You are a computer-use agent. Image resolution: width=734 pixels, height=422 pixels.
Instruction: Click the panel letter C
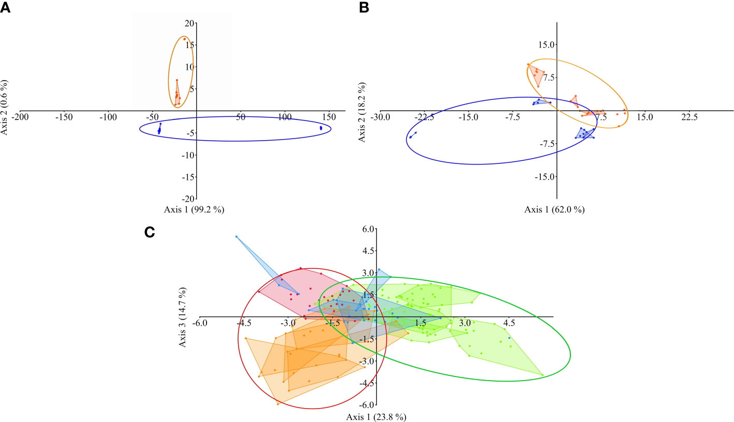coord(150,233)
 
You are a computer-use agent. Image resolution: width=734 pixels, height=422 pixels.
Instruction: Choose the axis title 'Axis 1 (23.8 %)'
coord(376,417)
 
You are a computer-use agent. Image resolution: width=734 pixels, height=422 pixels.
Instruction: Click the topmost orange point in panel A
coord(184,39)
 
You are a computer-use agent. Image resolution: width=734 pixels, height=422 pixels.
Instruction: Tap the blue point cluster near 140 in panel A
coord(321,128)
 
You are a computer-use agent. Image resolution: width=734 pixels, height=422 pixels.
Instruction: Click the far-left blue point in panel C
coord(236,237)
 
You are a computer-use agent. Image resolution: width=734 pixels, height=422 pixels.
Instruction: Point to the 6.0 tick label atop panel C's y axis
coord(367,229)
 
